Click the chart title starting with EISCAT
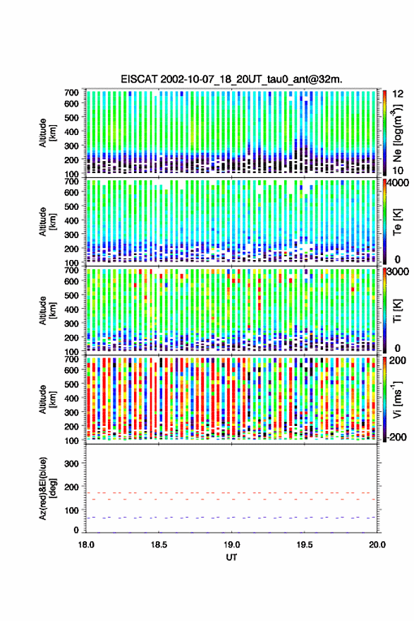click(232, 79)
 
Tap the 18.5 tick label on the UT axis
click(159, 545)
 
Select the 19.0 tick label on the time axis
click(232, 545)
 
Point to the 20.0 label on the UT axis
click(377, 545)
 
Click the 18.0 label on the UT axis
click(86, 545)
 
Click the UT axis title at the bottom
click(232, 557)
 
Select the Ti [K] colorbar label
click(397, 311)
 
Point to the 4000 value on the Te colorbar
click(398, 183)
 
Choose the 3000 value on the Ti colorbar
click(398, 272)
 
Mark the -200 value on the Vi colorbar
click(397, 437)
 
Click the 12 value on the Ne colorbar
click(398, 94)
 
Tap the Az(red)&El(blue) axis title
click(47, 488)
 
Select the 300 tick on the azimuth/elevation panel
click(71, 463)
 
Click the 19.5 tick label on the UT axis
click(305, 545)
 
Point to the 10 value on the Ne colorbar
click(398, 171)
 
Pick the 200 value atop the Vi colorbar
click(397, 360)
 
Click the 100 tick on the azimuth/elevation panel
click(71, 510)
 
